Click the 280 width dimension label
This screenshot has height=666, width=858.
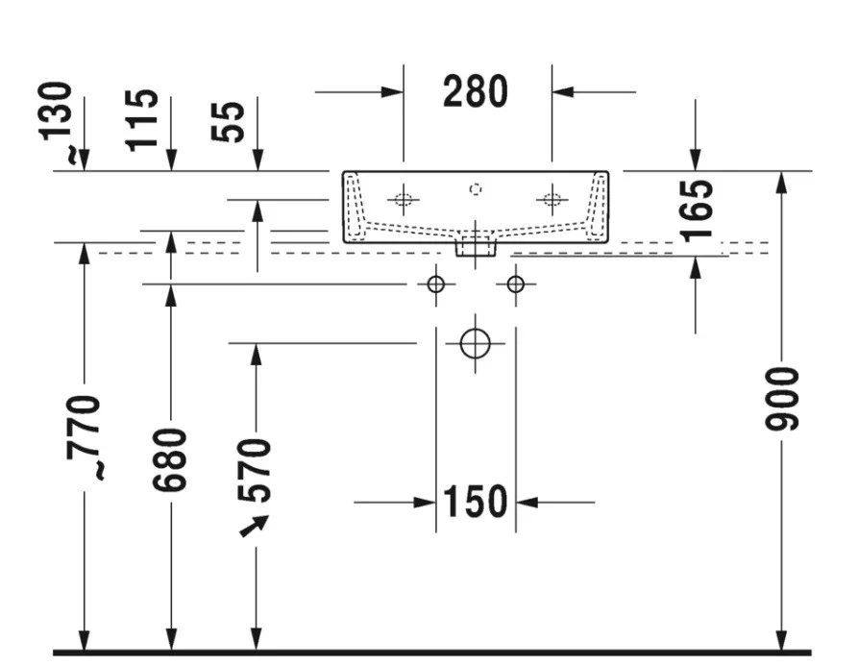point(476,91)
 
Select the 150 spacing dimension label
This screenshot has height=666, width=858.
point(475,502)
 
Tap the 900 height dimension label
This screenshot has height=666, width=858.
point(782,399)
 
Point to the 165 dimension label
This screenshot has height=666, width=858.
point(697,210)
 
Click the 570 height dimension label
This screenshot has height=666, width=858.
point(255,470)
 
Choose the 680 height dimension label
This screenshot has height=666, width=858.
point(170,460)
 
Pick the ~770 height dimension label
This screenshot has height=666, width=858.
point(84,437)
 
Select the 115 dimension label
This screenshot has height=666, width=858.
point(142,120)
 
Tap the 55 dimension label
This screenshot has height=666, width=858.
point(228,122)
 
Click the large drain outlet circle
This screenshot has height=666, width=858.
point(475,344)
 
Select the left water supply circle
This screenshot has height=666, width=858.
point(435,284)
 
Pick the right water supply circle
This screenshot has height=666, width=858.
point(515,284)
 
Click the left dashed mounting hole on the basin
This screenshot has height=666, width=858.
point(404,199)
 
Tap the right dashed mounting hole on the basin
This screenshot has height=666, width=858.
point(552,199)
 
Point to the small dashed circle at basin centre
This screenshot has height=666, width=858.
point(476,189)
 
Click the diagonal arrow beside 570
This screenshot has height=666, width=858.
point(255,526)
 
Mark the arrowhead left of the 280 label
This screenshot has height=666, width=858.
point(393,91)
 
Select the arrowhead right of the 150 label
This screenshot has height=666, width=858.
point(527,502)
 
